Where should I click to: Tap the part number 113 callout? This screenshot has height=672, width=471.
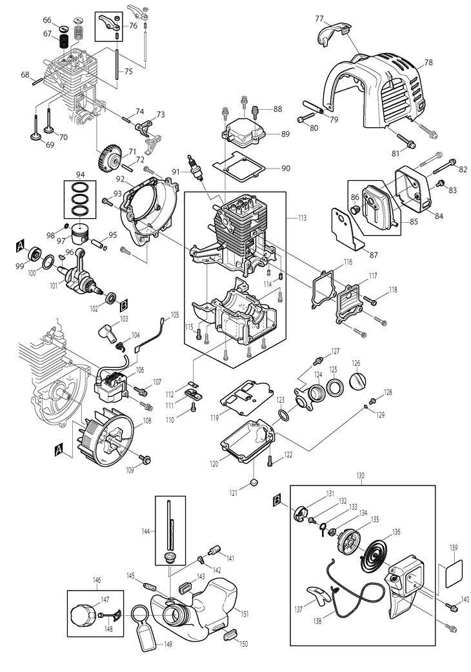pyautogui.click(x=303, y=218)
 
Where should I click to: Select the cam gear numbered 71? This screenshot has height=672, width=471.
pyautogui.click(x=108, y=159)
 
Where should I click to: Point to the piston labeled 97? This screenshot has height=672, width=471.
pyautogui.click(x=79, y=234)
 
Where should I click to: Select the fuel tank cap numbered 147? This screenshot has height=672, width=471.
pyautogui.click(x=82, y=615)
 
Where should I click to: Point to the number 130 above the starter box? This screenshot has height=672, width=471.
pyautogui.click(x=360, y=476)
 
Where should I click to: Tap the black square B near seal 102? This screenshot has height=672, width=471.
pyautogui.click(x=123, y=305)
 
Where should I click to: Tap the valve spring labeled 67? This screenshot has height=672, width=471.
pyautogui.click(x=64, y=42)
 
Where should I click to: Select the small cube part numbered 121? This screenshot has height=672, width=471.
pyautogui.click(x=254, y=483)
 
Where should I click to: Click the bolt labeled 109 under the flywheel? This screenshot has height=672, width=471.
pyautogui.click(x=146, y=460)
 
